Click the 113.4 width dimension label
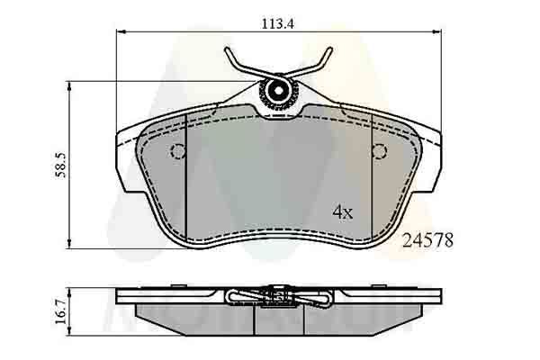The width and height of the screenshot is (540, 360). (278, 24)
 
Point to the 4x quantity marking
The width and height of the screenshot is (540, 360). (342, 212)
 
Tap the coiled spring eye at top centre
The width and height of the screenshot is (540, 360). (278, 91)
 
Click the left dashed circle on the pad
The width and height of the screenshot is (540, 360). (177, 151)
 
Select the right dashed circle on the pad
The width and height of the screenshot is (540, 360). (379, 151)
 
